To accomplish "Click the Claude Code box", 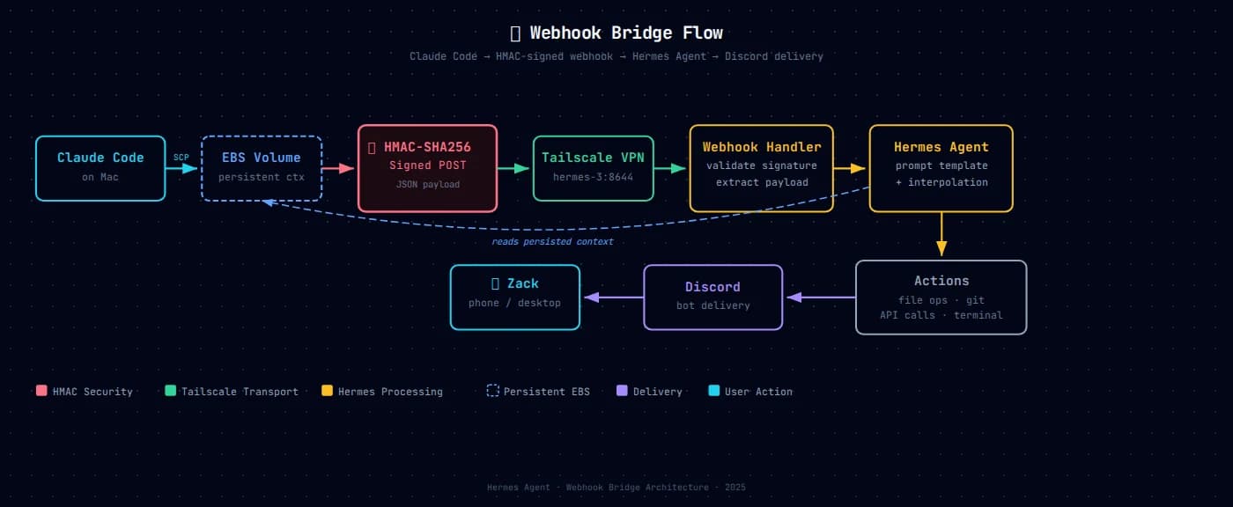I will [100, 168].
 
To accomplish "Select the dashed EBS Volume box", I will [262, 168].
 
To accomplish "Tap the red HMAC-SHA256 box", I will [427, 168].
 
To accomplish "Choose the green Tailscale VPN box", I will [593, 168].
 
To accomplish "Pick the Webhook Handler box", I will [761, 168].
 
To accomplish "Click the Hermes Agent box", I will [941, 168].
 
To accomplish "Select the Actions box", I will [941, 298].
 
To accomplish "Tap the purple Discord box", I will [712, 298].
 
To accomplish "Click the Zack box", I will [515, 298].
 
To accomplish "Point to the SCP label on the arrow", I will [181, 157].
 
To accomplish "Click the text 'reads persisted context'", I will [552, 241].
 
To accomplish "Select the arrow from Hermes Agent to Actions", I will [941, 235].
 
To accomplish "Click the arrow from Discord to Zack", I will [612, 298].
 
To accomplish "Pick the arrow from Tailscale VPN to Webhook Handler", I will [671, 168].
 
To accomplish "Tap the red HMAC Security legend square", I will [41, 391].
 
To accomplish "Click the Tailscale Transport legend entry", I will [232, 391].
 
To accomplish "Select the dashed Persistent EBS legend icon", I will [493, 391].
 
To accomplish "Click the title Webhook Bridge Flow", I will [616, 33].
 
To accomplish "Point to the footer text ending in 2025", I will [616, 487].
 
